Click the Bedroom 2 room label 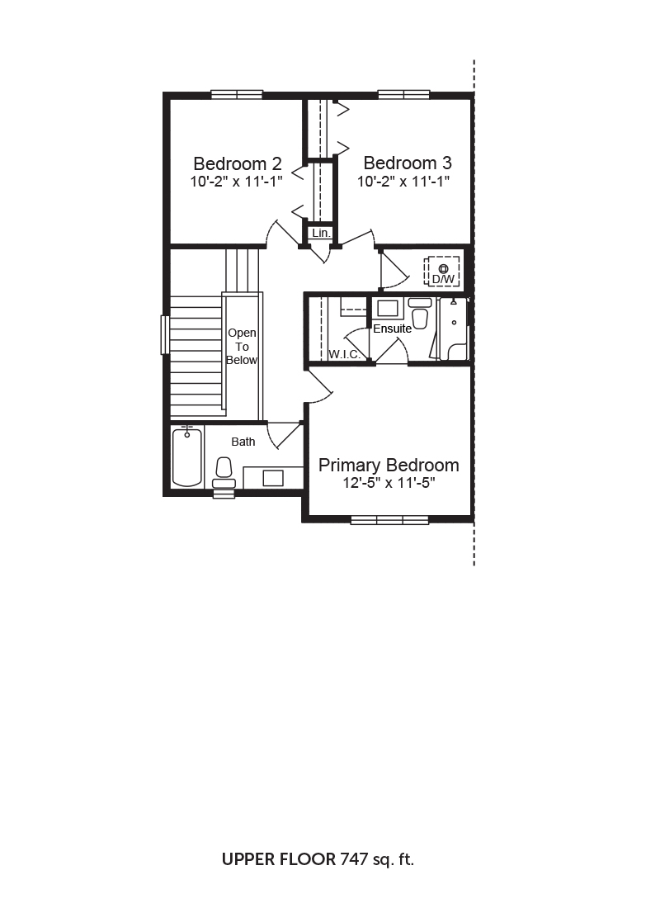[238, 163]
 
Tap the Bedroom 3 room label [408, 163]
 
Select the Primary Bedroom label [389, 465]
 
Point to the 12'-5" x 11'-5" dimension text [389, 483]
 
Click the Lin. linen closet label [321, 233]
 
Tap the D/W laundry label [444, 279]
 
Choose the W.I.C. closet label [345, 354]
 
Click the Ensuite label [393, 329]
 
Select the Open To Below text [242, 347]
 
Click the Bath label [243, 442]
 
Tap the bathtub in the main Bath [187, 457]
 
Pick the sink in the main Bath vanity [273, 478]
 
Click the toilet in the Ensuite [420, 314]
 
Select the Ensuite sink [387, 308]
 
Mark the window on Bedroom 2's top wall [237, 94]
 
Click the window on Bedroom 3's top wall [403, 94]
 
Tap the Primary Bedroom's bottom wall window [389, 519]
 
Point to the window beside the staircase [165, 334]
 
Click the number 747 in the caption [354, 858]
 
